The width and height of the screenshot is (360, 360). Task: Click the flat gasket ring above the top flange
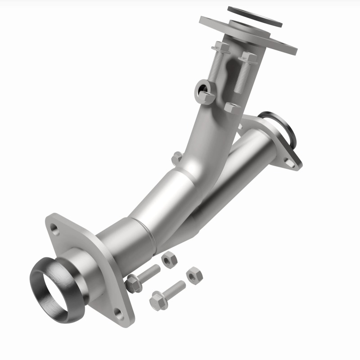tap(255, 14)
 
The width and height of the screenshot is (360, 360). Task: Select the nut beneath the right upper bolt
tap(232, 108)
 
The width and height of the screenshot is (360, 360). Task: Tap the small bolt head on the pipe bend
tap(177, 157)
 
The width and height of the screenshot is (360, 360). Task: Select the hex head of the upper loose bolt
tap(134, 283)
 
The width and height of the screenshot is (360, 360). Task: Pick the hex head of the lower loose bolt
tap(158, 299)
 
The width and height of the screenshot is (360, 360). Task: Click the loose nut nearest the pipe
tap(170, 260)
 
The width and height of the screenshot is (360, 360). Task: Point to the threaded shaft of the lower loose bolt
tap(175, 289)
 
